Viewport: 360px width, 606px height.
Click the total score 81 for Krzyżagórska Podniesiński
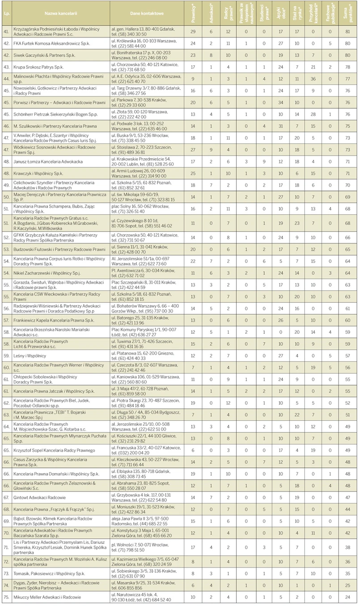pos(347,32)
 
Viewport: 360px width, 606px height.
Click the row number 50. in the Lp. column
pos(7,195)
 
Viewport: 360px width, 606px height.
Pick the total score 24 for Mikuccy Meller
pos(347,597)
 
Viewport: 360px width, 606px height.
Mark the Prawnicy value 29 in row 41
pos(193,32)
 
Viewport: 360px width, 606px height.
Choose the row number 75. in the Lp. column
pos(7,597)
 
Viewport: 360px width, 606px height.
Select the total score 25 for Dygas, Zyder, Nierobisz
pos(347,585)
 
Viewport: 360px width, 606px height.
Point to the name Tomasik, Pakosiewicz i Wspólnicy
pos(49,572)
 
